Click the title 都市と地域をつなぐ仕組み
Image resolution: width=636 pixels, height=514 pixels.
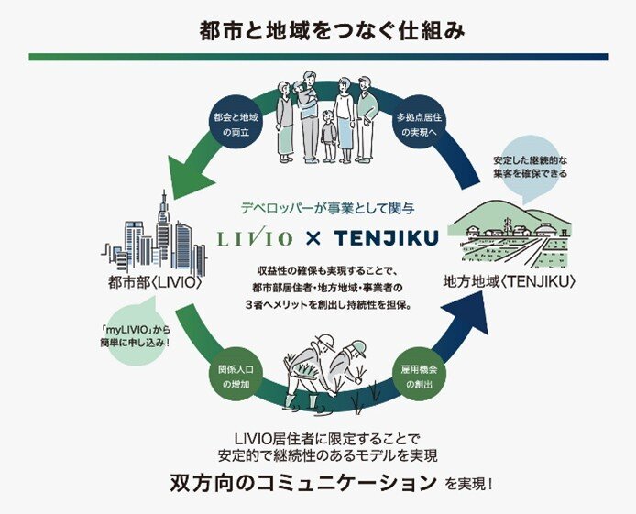[x=318, y=29]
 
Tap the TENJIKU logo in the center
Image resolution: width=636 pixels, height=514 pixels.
[x=386, y=239]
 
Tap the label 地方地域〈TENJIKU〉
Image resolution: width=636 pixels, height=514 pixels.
[x=510, y=281]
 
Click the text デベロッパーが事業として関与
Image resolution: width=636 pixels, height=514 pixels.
[x=318, y=207]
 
